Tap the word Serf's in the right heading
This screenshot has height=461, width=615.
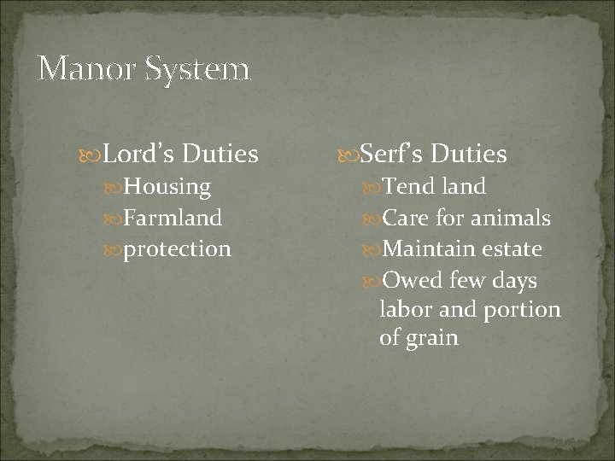point(394,155)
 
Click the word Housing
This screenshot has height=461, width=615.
point(167,187)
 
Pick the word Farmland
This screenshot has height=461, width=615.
point(173,218)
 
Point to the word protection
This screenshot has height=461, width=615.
point(177,249)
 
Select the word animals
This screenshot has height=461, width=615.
point(511,218)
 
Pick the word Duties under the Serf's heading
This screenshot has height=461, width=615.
point(469,155)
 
